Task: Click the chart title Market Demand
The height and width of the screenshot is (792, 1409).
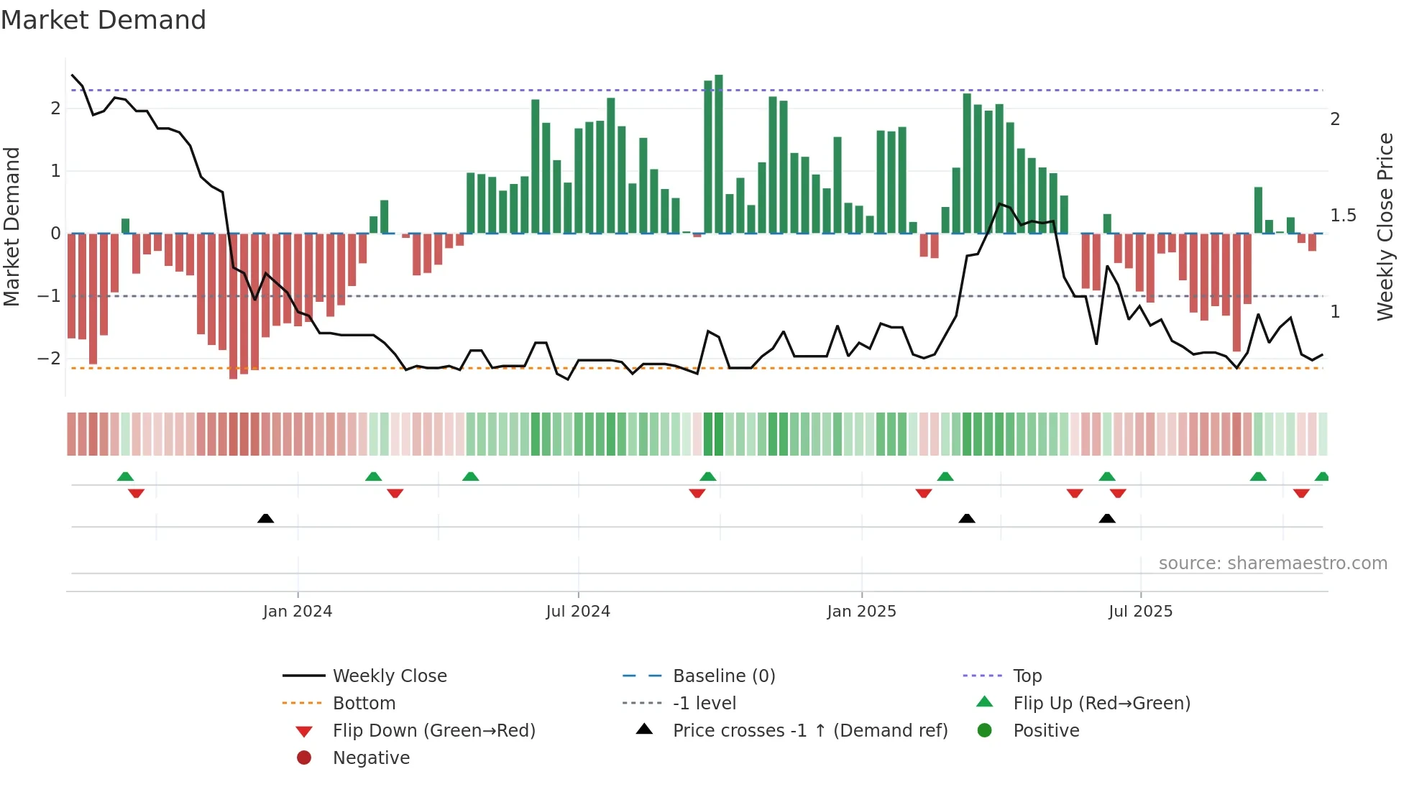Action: pos(104,20)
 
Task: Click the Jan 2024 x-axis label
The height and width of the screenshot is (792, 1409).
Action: pos(297,612)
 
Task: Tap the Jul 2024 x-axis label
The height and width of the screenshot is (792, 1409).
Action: pos(578,612)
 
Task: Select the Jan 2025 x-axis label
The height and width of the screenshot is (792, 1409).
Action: pos(861,612)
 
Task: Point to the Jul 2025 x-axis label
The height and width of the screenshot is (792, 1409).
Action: pos(1140,612)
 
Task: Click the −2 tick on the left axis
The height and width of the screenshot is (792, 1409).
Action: pos(49,358)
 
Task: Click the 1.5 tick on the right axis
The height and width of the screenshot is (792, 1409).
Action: pos(1342,216)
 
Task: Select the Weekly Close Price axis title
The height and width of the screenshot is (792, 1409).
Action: pos(1385,226)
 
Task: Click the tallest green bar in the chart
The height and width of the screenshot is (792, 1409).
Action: pos(719,154)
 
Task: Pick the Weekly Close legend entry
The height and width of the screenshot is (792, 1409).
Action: pos(389,676)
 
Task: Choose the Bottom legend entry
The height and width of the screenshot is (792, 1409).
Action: pos(364,704)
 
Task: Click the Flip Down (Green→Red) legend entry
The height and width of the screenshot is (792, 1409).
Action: pos(433,731)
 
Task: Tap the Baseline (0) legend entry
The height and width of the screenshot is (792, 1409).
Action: pos(723,676)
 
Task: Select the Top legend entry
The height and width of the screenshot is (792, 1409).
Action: pos(1027,676)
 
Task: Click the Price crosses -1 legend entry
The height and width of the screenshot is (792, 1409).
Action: pos(809,731)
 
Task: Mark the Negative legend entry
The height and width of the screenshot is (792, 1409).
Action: pos(371,758)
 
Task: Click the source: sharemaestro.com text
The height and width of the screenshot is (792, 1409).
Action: pos(1272,563)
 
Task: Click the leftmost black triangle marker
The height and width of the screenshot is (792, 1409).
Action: pos(266,518)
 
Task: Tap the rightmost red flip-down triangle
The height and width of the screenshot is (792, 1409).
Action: pos(1301,493)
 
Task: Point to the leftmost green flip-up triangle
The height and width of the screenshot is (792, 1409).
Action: pos(125,476)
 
